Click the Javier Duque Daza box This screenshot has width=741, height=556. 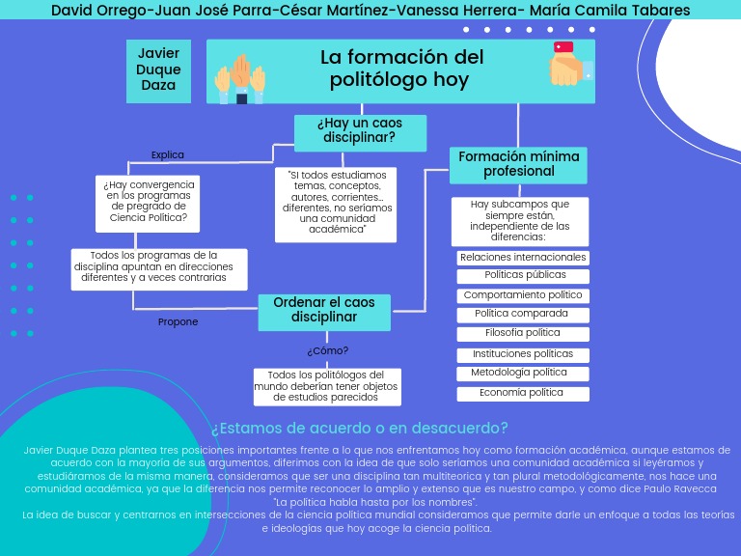pyautogui.click(x=158, y=69)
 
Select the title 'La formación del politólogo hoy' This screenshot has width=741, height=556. pyautogui.click(x=401, y=69)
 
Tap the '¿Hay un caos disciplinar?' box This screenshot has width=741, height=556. pyautogui.click(x=359, y=131)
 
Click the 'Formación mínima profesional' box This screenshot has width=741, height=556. pyautogui.click(x=518, y=164)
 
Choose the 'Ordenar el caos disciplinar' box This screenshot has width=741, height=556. pyautogui.click(x=323, y=311)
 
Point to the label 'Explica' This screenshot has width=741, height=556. pyautogui.click(x=167, y=154)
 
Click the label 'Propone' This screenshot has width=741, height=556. pyautogui.click(x=178, y=322)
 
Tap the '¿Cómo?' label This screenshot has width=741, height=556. pyautogui.click(x=327, y=351)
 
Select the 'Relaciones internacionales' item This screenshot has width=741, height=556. pyautogui.click(x=523, y=258)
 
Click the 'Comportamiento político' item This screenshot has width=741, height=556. pyautogui.click(x=523, y=295)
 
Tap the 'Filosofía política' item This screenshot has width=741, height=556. pyautogui.click(x=523, y=333)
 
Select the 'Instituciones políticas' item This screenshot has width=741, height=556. pyautogui.click(x=523, y=354)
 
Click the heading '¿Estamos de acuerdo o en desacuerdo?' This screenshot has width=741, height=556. pyautogui.click(x=359, y=429)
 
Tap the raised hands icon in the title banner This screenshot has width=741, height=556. pyautogui.click(x=237, y=77)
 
